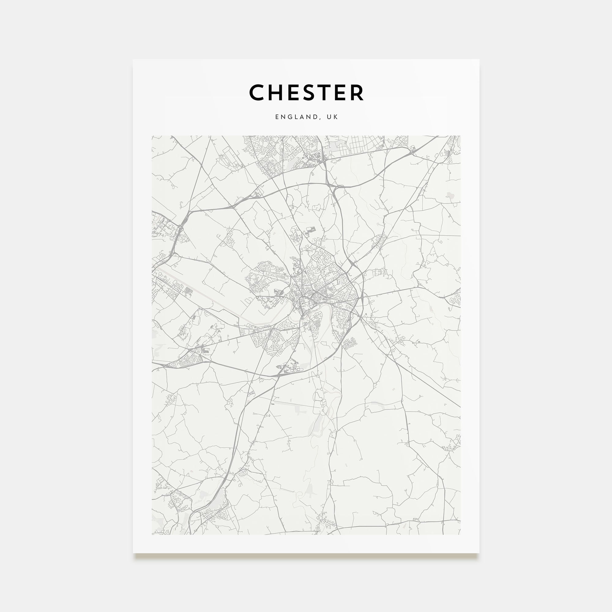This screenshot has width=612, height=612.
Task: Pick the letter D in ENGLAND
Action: coord(317,117)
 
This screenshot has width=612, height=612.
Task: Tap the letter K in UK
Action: coord(335,117)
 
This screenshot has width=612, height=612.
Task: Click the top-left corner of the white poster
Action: coord(133,60)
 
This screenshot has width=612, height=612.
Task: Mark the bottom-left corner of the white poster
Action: coord(133,553)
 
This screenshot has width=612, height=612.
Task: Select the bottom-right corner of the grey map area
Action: coord(460,534)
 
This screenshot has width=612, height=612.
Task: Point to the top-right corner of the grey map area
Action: coord(460,136)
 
